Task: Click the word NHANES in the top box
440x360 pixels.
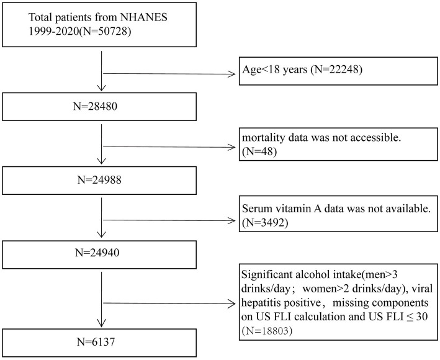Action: [144, 17]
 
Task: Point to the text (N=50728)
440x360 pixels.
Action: [105, 31]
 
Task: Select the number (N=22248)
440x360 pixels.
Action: [336, 70]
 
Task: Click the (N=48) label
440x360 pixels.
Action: [259, 151]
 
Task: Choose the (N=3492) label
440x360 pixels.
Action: [264, 222]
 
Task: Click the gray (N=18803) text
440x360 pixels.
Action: [267, 331]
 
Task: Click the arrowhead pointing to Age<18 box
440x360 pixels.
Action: [231, 74]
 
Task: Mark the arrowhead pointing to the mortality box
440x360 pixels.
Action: [231, 147]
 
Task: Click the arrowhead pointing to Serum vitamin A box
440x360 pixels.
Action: [231, 221]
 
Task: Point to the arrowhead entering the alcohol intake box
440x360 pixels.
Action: [231, 304]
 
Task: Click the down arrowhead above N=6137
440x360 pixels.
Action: [101, 323]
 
